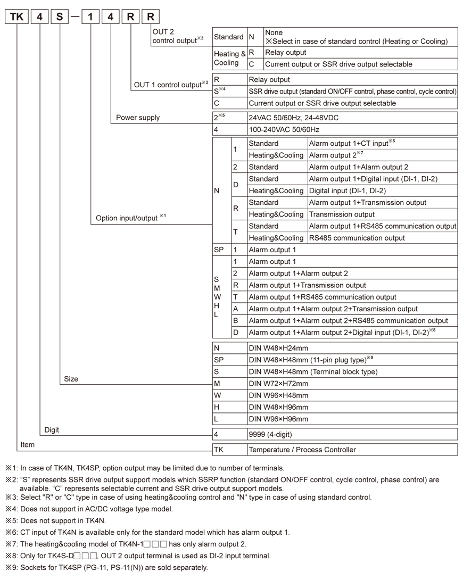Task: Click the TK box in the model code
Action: (x=17, y=16)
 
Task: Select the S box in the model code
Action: (x=60, y=16)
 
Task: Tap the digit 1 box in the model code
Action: (x=90, y=16)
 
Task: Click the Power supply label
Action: (x=138, y=118)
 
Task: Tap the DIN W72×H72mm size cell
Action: (x=278, y=384)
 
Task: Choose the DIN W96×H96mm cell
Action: (x=278, y=419)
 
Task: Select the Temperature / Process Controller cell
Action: (x=302, y=450)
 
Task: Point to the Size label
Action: (x=71, y=379)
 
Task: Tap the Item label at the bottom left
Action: (x=27, y=444)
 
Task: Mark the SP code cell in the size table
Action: (x=219, y=360)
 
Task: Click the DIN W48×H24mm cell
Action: (x=278, y=348)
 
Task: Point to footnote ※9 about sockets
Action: (x=106, y=567)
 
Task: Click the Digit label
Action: (x=52, y=430)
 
